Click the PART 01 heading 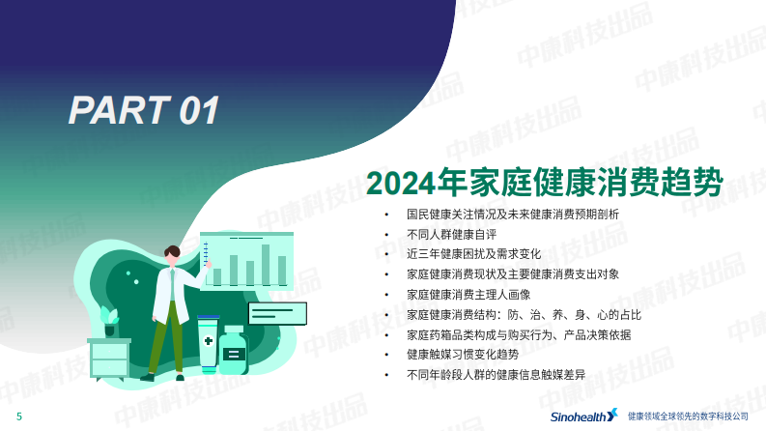[x=144, y=109]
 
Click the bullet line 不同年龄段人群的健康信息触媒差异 [x=502, y=374]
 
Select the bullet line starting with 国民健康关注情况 [x=512, y=214]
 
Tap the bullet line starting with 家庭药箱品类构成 [x=519, y=334]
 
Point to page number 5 [x=18, y=417]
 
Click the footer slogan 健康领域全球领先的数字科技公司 [x=688, y=416]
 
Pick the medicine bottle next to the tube [x=233, y=352]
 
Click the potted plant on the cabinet [x=108, y=320]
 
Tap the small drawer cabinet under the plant [x=108, y=359]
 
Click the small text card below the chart [x=277, y=313]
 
